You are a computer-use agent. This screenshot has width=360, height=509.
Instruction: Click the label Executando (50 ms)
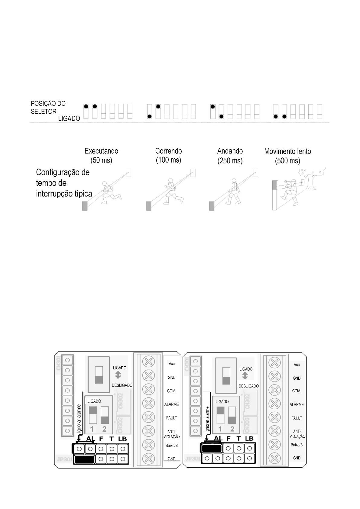point(101,155)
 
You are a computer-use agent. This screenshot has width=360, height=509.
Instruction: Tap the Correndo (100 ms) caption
point(168,155)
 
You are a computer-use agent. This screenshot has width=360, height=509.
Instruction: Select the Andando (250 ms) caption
point(230,156)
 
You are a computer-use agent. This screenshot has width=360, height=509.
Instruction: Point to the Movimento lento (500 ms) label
point(287,156)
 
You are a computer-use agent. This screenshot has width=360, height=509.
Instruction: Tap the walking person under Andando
point(234,191)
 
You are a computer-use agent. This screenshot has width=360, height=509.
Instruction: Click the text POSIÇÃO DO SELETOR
point(48,107)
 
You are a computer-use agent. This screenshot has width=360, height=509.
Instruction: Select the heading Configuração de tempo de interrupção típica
point(63,183)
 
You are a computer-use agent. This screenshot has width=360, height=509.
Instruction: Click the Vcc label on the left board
point(172,364)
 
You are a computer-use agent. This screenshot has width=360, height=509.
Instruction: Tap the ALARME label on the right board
point(297,404)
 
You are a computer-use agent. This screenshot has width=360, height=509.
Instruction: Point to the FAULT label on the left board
point(171,418)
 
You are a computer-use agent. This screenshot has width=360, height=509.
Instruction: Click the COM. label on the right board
point(297,391)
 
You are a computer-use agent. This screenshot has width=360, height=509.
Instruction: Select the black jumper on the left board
point(84,460)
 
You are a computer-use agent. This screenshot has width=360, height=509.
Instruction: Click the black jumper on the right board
point(212,448)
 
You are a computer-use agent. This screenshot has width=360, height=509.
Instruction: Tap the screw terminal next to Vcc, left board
point(148,361)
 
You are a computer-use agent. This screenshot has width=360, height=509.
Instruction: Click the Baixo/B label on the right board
point(297,445)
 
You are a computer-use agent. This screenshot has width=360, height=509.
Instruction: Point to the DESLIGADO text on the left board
point(122,385)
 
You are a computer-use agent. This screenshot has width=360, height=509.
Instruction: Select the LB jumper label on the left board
point(122,439)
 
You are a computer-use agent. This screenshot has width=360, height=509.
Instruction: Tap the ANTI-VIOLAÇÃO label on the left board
point(171,434)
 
